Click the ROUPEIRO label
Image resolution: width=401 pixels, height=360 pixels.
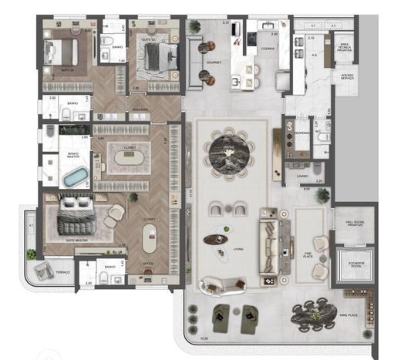[x=140, y=109]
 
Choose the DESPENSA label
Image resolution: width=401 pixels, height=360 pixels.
[x=302, y=133]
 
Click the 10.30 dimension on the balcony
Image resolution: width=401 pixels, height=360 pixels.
[x=204, y=338]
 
